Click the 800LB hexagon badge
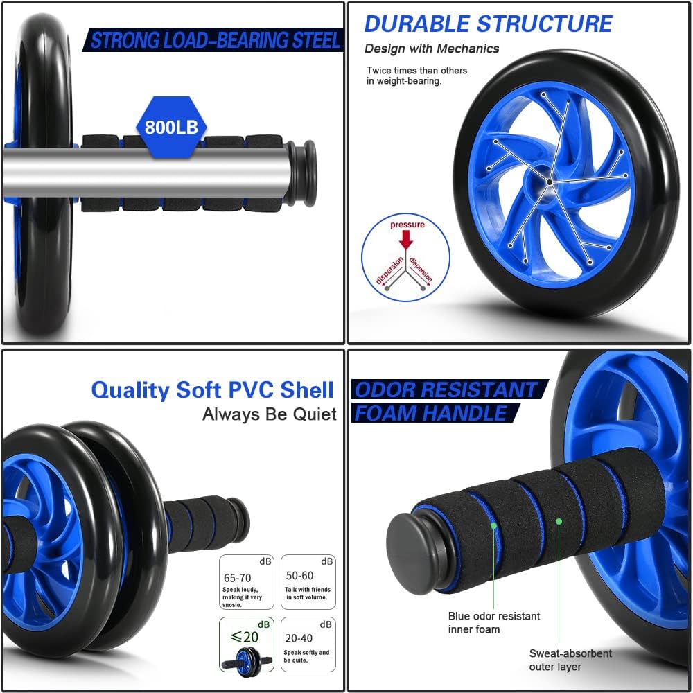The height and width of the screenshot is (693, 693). tap(171, 127)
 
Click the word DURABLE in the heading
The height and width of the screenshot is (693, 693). tap(416, 24)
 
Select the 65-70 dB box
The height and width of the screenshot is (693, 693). tap(247, 582)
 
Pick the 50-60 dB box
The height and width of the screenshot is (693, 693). tap(308, 582)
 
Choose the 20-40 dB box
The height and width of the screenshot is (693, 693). tap(308, 644)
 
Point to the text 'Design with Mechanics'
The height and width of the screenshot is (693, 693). tap(432, 49)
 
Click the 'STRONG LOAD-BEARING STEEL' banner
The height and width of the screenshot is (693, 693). tap(213, 40)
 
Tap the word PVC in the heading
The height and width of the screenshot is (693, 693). tap(247, 389)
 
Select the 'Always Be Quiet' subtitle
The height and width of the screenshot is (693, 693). tap(269, 414)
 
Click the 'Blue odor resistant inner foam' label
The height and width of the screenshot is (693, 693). tap(493, 622)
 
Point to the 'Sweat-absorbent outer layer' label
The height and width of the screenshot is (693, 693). tap(570, 660)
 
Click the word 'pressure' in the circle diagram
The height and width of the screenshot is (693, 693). tap(407, 225)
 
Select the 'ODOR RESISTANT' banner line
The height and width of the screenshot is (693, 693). tap(447, 389)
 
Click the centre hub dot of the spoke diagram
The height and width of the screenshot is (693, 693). tap(550, 182)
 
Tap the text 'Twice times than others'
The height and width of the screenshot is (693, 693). tap(416, 70)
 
